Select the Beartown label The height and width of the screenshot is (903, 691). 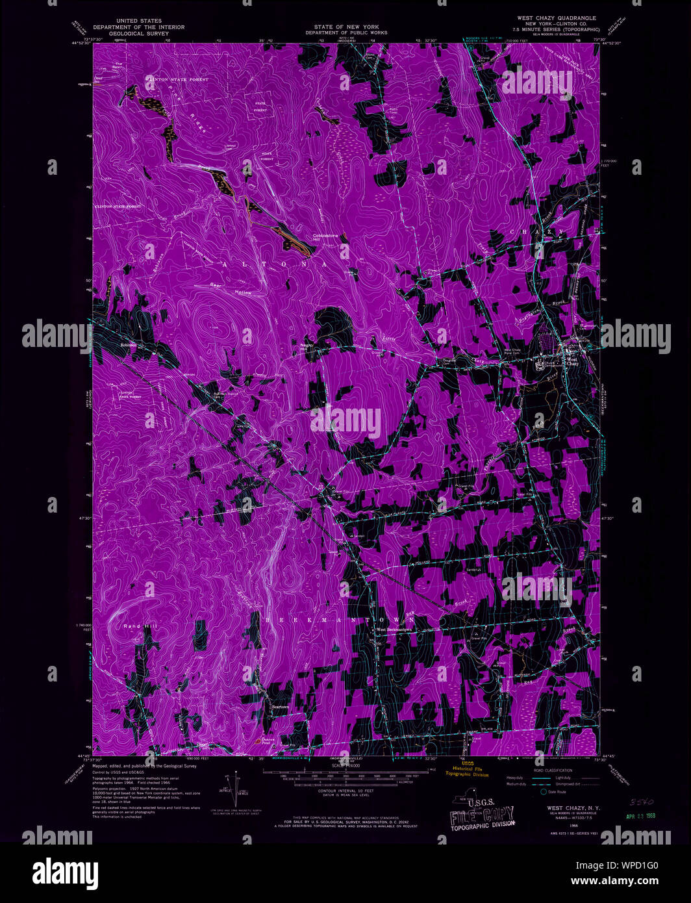tap(279, 707)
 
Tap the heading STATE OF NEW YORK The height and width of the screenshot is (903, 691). tap(346, 27)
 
